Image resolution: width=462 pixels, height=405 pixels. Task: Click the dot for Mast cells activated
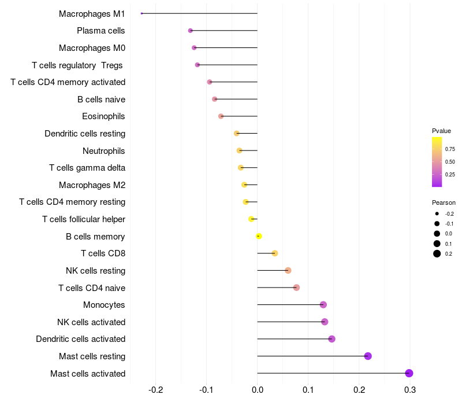click(409, 373)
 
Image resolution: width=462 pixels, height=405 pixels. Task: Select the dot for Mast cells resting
click(368, 356)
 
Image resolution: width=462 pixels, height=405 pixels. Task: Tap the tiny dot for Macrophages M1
click(141, 13)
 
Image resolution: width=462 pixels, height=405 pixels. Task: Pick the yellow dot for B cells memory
click(259, 236)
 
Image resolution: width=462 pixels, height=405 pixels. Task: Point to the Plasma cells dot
click(191, 30)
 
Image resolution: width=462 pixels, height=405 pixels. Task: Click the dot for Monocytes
click(323, 305)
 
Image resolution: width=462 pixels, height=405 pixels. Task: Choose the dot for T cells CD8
click(275, 253)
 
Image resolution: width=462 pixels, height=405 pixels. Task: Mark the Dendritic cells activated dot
click(331, 339)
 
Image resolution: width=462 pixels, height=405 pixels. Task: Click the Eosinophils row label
click(103, 116)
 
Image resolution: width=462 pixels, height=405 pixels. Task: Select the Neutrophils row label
click(104, 151)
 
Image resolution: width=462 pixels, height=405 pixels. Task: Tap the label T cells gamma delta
click(87, 168)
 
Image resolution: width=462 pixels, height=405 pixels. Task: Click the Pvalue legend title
click(441, 131)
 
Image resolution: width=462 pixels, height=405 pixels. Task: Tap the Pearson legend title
click(444, 203)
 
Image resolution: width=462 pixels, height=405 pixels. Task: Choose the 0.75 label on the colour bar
click(450, 149)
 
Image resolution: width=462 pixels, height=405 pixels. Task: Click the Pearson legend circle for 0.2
click(437, 253)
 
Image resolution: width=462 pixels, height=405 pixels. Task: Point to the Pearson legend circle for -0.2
click(437, 213)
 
